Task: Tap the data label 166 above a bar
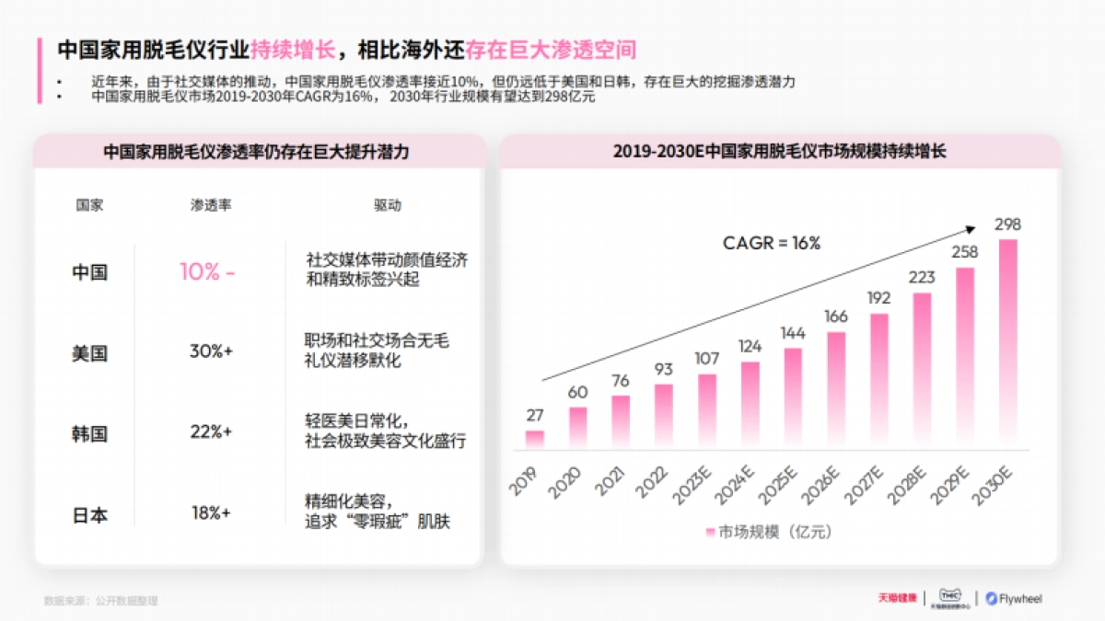[836, 316]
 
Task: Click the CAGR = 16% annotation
[771, 243]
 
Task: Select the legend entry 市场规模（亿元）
[769, 532]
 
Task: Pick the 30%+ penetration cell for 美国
[212, 351]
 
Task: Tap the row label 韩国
[89, 433]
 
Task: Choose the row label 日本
[89, 514]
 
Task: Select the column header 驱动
[387, 205]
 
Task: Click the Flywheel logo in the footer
[1014, 599]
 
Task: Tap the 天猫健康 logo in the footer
[897, 599]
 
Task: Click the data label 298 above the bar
[1008, 224]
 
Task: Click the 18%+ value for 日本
[212, 513]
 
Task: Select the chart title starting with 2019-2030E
[779, 152]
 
